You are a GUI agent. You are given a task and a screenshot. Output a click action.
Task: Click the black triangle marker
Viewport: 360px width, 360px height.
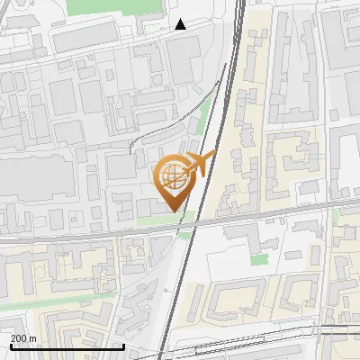click(181, 24)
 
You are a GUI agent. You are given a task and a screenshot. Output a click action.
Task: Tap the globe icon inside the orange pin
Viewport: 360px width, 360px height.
click(174, 176)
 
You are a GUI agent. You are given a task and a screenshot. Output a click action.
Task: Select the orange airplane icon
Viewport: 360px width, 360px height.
click(196, 164)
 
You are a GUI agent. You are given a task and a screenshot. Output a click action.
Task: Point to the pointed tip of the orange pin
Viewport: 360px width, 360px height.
click(174, 210)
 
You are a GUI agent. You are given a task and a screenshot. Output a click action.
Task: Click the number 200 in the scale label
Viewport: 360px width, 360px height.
click(20, 338)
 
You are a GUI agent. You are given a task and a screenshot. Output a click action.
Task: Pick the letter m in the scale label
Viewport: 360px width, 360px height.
click(34, 338)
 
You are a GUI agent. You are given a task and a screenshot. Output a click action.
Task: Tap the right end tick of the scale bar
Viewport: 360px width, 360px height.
click(123, 346)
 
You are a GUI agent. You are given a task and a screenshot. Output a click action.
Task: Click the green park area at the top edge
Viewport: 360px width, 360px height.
click(112, 7)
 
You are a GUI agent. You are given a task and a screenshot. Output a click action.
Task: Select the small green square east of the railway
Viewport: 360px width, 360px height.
click(259, 259)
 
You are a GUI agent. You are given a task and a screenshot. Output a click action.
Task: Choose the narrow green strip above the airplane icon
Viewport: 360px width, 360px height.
click(203, 117)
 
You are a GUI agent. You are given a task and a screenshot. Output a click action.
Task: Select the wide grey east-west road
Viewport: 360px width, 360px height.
click(90, 233)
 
